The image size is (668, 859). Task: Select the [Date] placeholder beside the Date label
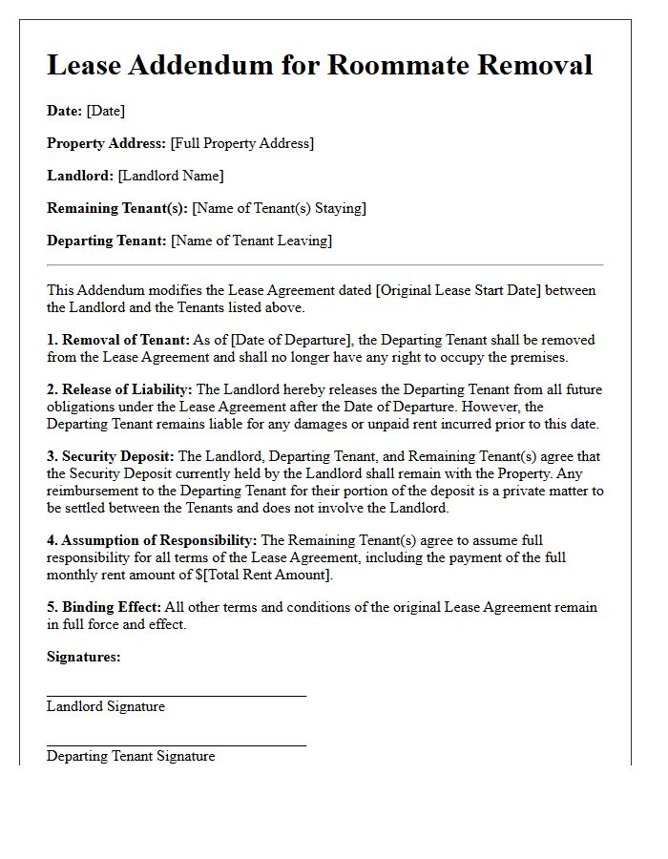(x=105, y=111)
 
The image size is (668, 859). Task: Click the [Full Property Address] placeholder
(x=241, y=143)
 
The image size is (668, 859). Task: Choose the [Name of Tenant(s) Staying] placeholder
(x=279, y=208)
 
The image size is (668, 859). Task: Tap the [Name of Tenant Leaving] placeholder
(x=251, y=241)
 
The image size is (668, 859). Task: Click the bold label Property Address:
(x=106, y=143)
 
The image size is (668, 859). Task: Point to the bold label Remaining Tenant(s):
(x=117, y=208)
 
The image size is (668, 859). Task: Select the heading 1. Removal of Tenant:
(x=118, y=340)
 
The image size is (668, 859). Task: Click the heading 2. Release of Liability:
(x=119, y=389)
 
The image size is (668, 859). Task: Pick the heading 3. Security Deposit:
(x=111, y=456)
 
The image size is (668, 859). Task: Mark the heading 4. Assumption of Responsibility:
(x=152, y=540)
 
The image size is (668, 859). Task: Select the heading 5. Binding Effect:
(x=104, y=607)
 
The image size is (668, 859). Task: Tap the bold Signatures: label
(x=84, y=657)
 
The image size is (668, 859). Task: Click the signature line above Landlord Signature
(x=177, y=696)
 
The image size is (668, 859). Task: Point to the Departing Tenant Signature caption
(x=131, y=756)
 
